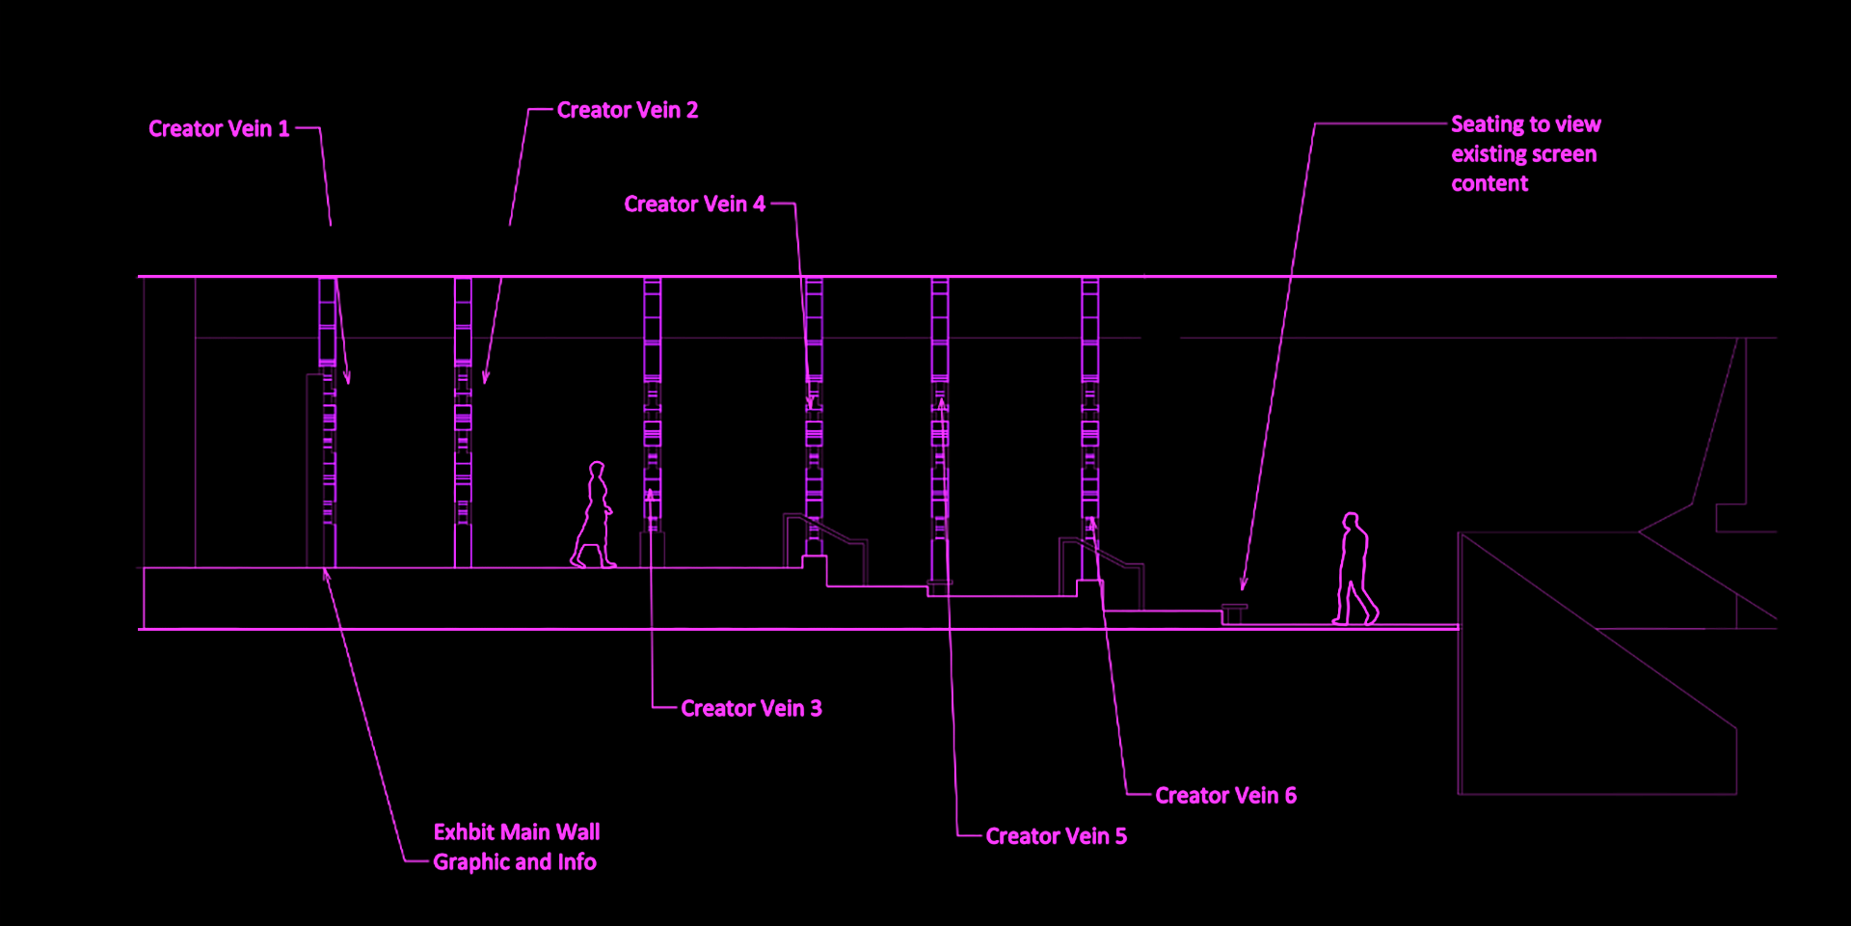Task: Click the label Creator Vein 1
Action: pos(219,129)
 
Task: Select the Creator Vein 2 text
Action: pos(628,111)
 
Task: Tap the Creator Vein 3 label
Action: pos(751,709)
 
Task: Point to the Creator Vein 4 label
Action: pos(694,204)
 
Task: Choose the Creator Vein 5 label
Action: pos(1056,836)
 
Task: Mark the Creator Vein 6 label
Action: pos(1225,796)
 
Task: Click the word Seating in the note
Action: pos(1487,125)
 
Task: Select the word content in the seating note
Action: pos(1489,184)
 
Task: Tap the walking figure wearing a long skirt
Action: pos(594,516)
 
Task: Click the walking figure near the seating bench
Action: pos(1355,569)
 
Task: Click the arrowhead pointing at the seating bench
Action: pos(1244,583)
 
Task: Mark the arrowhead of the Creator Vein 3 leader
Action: pos(651,496)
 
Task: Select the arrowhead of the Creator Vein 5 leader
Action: pos(941,405)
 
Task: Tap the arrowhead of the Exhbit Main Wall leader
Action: pos(326,576)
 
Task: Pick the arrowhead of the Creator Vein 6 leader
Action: pos(1092,525)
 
